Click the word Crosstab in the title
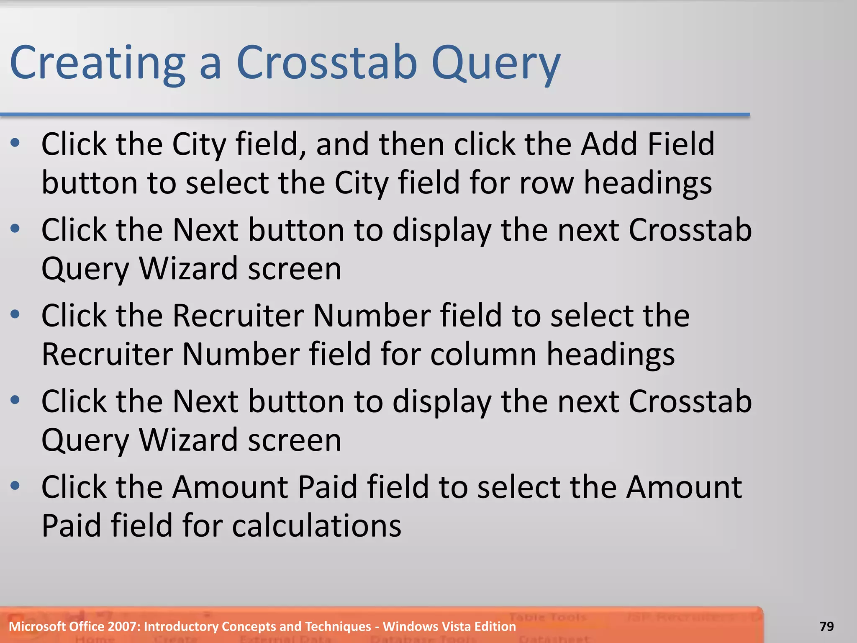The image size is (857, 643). (327, 63)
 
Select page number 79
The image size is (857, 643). (826, 626)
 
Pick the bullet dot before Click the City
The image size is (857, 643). (15, 143)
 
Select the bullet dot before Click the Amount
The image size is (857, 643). (15, 486)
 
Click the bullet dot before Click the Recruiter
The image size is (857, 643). (15, 314)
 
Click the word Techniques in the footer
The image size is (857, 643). (335, 626)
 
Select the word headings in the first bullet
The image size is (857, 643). (647, 183)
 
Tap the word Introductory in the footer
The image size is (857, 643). (181, 626)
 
